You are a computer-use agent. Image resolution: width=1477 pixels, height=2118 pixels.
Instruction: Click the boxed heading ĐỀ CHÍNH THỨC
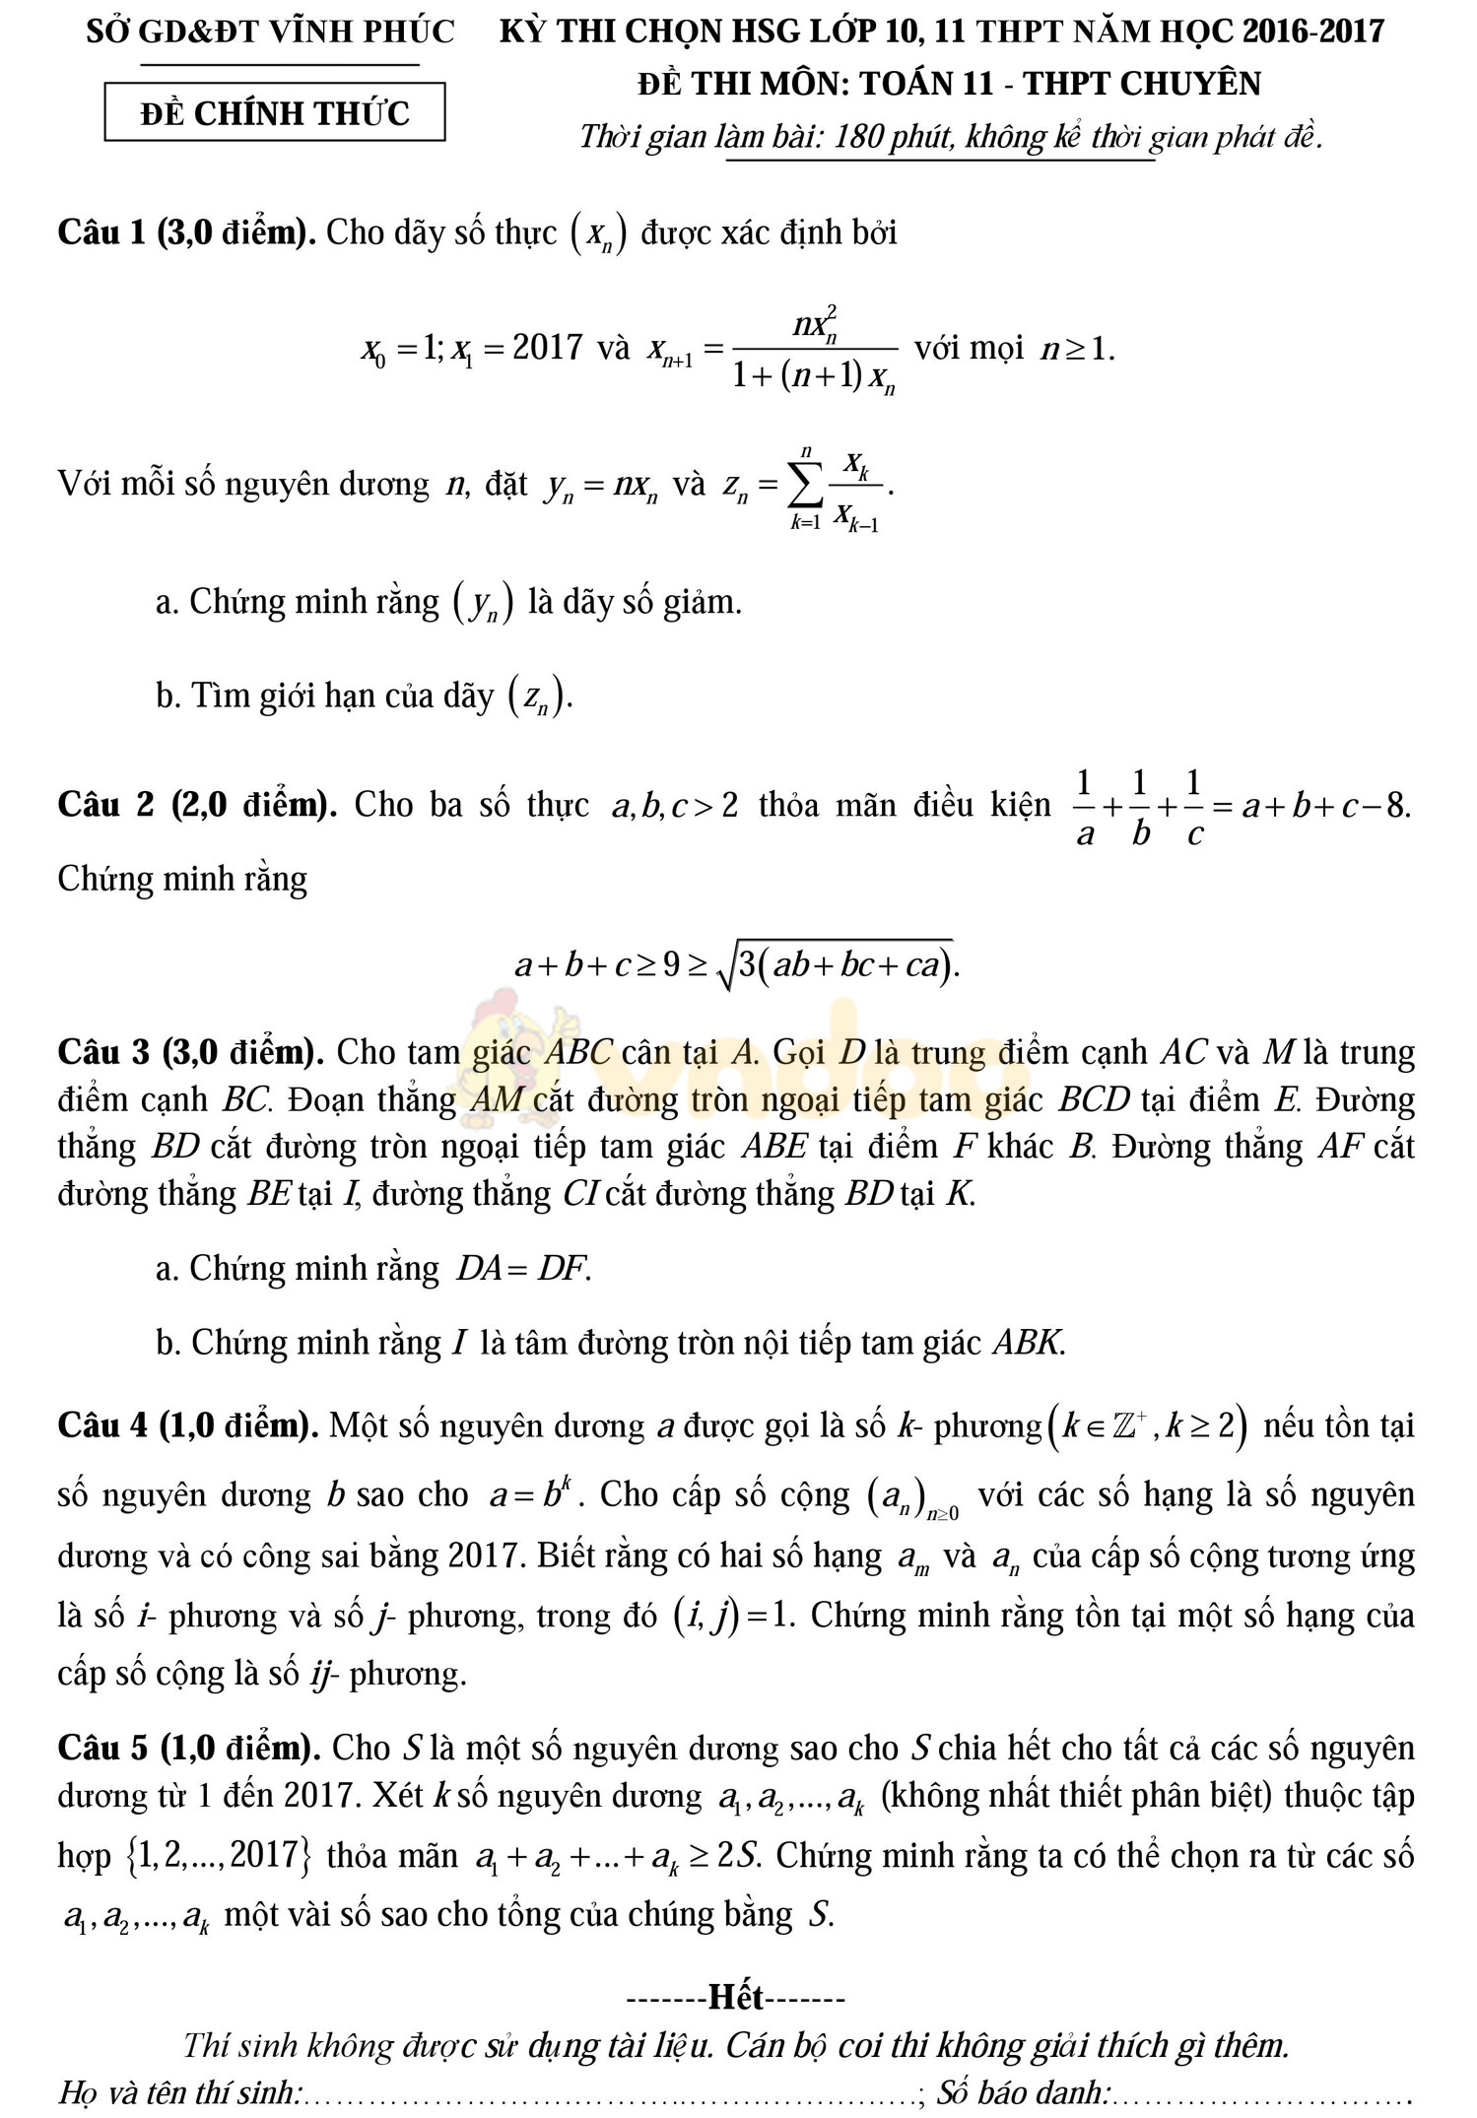[x=275, y=113]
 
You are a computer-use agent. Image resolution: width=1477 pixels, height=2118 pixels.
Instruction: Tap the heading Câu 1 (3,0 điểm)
[x=186, y=232]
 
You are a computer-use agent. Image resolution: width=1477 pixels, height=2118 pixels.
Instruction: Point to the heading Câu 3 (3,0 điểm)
[x=191, y=1052]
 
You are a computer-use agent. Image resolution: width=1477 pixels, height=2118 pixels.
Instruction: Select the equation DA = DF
[x=523, y=1268]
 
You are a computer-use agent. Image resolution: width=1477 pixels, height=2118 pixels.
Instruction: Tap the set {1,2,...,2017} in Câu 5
[x=219, y=1855]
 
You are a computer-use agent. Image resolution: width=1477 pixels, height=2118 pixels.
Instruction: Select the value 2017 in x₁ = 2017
[x=548, y=348]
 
